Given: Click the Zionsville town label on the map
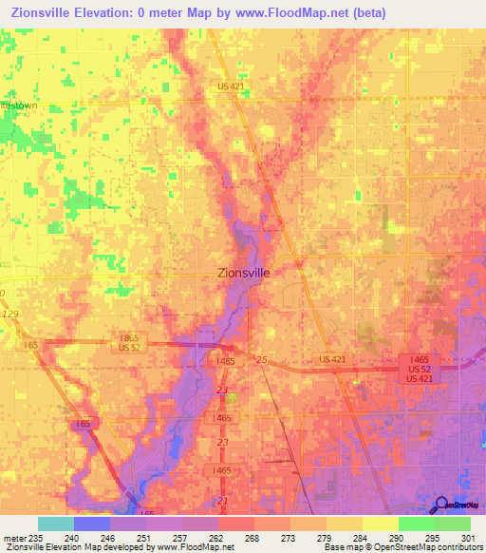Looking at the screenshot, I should [x=243, y=271].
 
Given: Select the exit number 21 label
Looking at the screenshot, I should [x=222, y=501].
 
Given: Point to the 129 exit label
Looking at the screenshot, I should [x=9, y=313].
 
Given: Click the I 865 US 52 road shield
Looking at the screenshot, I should [x=130, y=342].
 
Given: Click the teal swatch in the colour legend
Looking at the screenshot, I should [x=56, y=524].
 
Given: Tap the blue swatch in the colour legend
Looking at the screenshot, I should [x=92, y=524].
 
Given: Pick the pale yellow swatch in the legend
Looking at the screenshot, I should [x=381, y=524].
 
